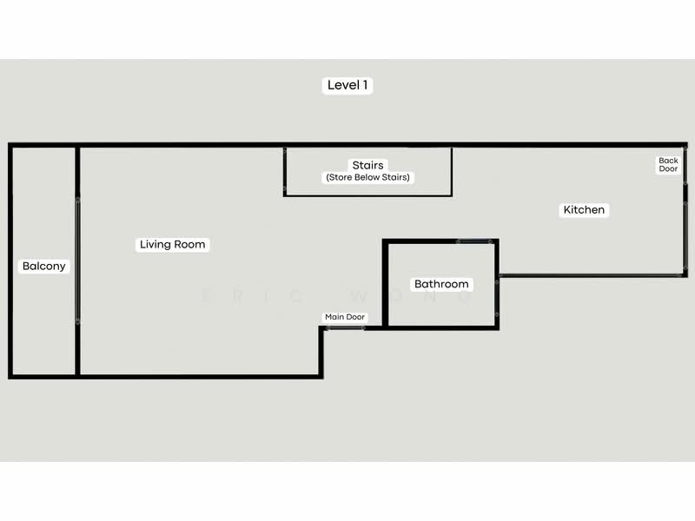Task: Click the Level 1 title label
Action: pyautogui.click(x=347, y=85)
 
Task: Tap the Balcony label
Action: pyautogui.click(x=44, y=266)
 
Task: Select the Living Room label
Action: pyautogui.click(x=172, y=244)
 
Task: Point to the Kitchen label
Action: pyautogui.click(x=584, y=209)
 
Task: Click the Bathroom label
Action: pyautogui.click(x=441, y=284)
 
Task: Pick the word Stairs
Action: pyautogui.click(x=367, y=165)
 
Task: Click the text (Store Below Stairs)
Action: pyautogui.click(x=367, y=177)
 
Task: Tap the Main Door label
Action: pyautogui.click(x=345, y=317)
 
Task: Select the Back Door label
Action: pyautogui.click(x=668, y=164)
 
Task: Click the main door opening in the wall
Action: pyautogui.click(x=345, y=328)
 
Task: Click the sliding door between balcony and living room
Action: pyautogui.click(x=78, y=260)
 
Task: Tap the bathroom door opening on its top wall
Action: pyautogui.click(x=474, y=241)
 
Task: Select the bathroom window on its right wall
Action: pyautogui.click(x=497, y=298)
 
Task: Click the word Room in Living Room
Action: pyautogui.click(x=189, y=244)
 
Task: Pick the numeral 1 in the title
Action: pyautogui.click(x=365, y=85)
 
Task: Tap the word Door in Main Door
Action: pyautogui.click(x=355, y=317)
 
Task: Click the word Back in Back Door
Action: pyautogui.click(x=668, y=161)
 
